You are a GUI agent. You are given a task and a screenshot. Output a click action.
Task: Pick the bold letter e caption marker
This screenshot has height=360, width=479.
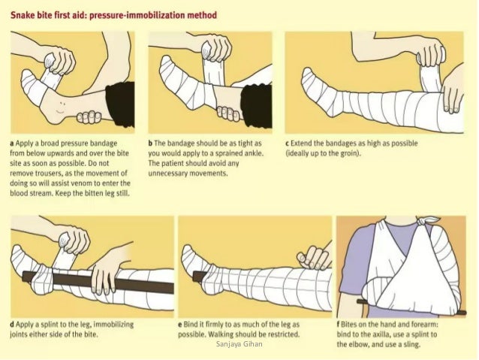coord(181,325)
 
